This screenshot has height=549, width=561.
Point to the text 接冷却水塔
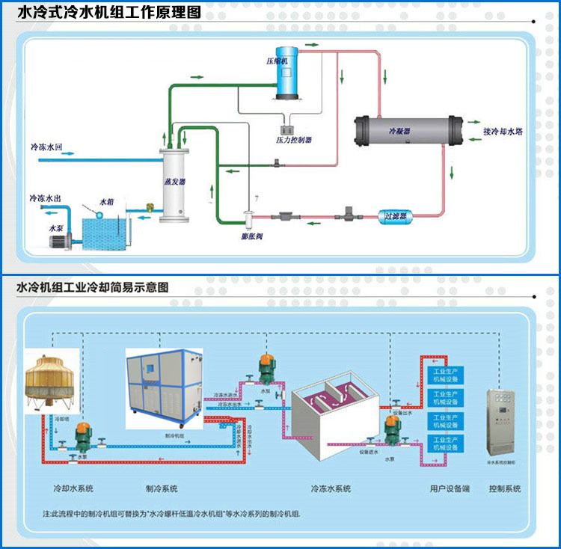tap(503, 132)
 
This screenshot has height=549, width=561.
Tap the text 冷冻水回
tap(46, 147)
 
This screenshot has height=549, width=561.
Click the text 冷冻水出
tap(45, 198)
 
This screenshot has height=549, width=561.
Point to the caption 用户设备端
tap(450, 488)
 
